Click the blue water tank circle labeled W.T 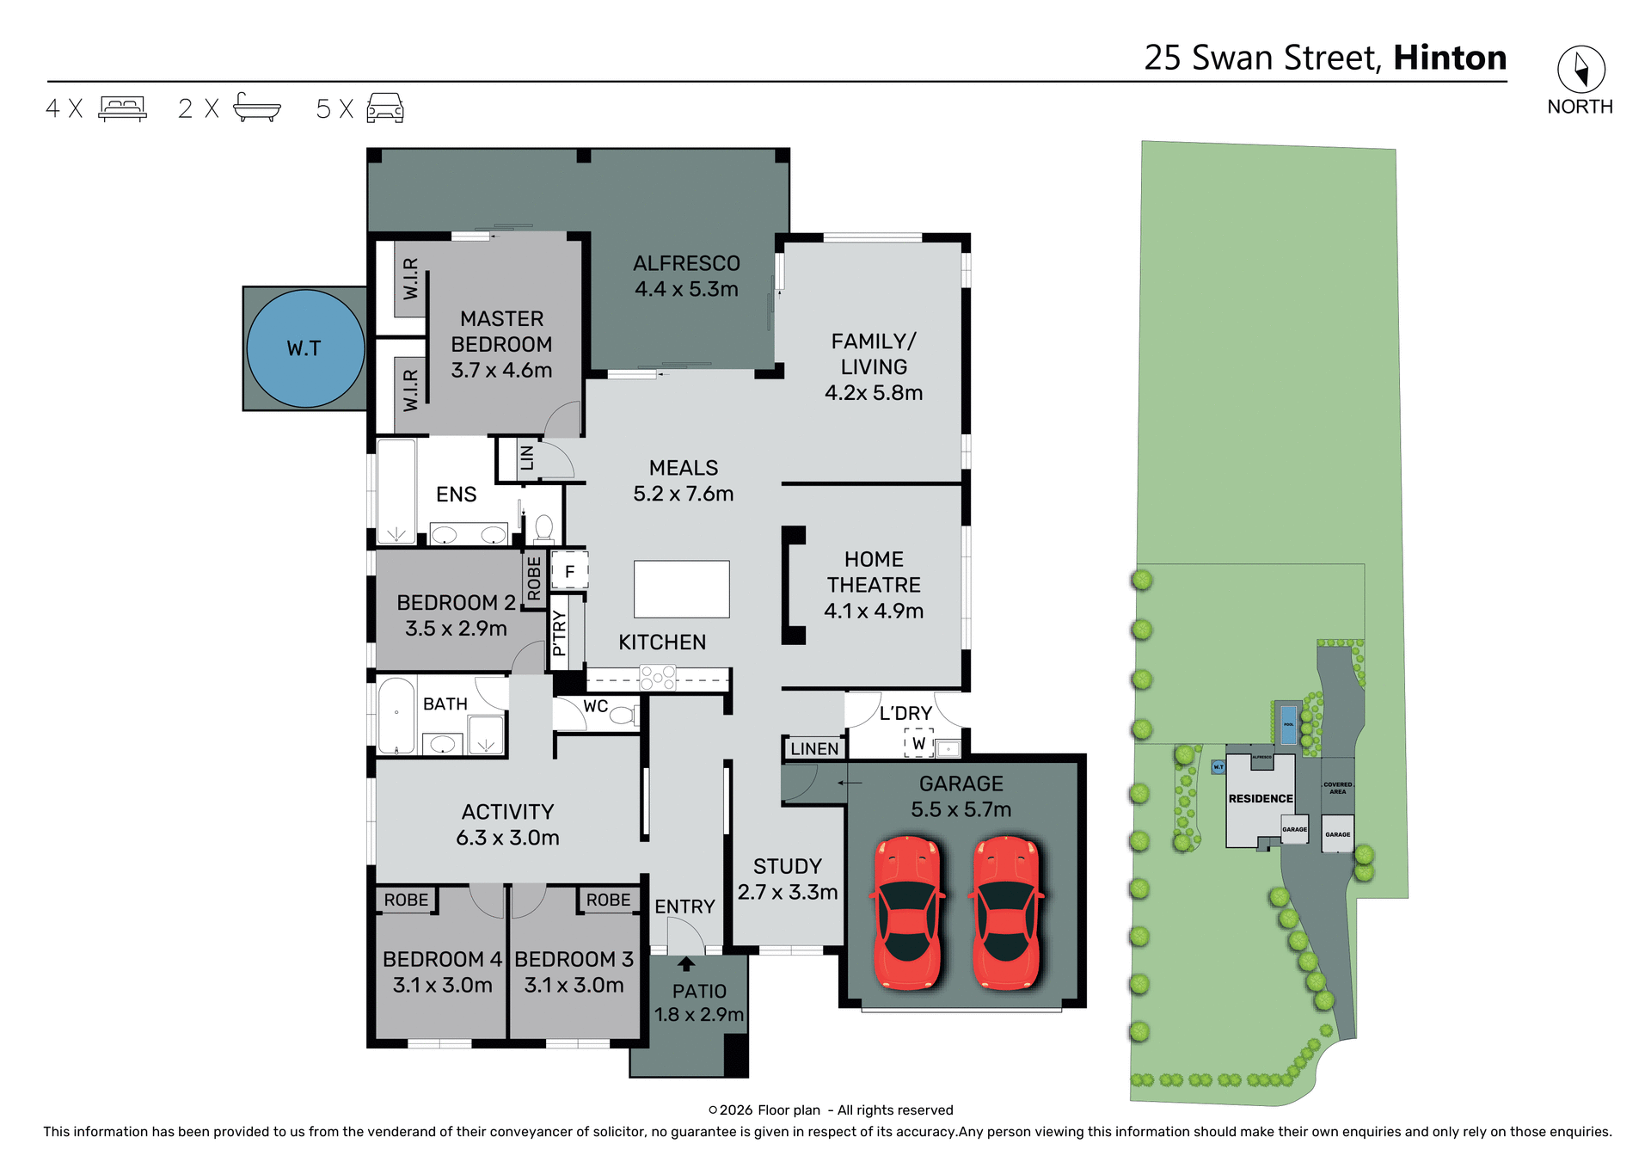pos(305,348)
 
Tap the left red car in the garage pos(907,913)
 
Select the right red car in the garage pos(1006,913)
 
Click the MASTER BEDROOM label pos(501,344)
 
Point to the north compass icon pos(1580,69)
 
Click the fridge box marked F pos(569,571)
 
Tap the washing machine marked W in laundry pos(918,743)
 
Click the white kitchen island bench pos(681,589)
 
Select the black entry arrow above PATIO pos(686,964)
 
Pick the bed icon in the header pos(122,108)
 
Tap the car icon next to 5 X pos(385,108)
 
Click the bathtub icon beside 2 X pos(256,108)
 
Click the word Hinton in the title pos(1450,58)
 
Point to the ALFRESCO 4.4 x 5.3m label pos(686,276)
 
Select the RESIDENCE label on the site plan pos(1260,798)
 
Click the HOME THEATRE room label pos(874,585)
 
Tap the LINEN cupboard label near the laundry pos(814,748)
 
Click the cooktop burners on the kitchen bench pos(658,679)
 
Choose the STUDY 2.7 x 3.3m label pos(787,879)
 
